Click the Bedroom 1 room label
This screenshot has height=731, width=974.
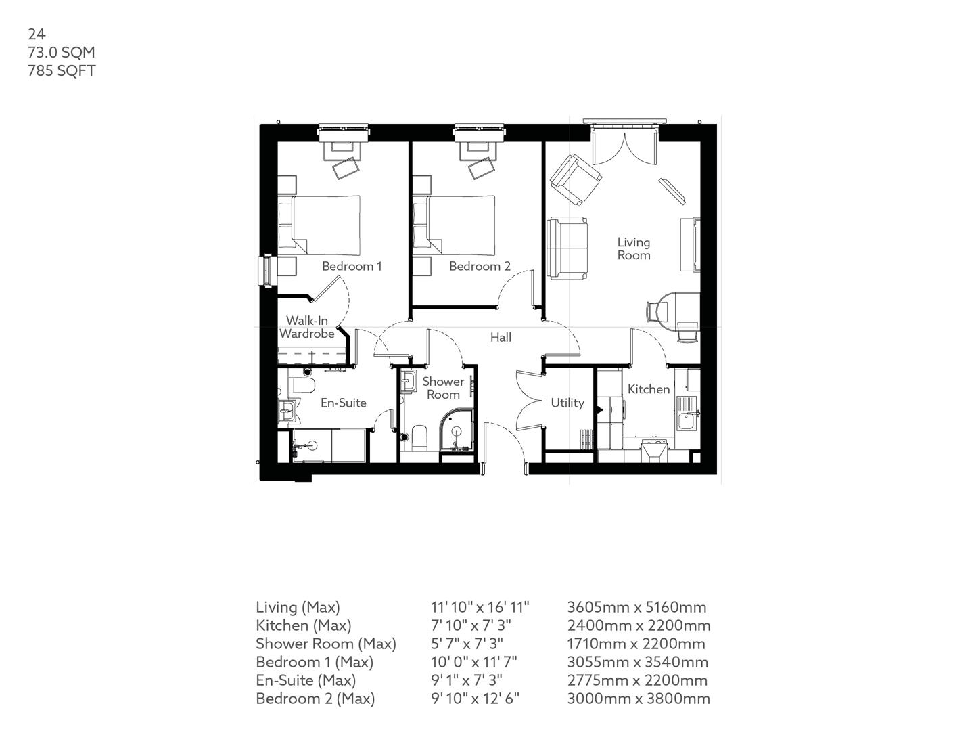point(352,266)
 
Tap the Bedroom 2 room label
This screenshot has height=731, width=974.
point(480,266)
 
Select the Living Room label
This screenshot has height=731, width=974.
point(634,248)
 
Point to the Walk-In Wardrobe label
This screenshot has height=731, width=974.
point(307,327)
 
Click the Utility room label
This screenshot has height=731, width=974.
point(567,403)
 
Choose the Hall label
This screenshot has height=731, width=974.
point(501,337)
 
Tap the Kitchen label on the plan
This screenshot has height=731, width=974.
point(648,389)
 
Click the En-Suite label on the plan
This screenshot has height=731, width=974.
point(343,403)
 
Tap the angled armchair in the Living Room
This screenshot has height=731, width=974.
point(576,180)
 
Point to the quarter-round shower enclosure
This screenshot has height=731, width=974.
point(459,433)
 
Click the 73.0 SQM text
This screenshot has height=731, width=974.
point(61,52)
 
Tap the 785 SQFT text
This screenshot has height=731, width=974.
point(62,70)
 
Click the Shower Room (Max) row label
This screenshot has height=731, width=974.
point(325,644)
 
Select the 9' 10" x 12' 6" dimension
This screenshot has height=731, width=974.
point(475,699)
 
